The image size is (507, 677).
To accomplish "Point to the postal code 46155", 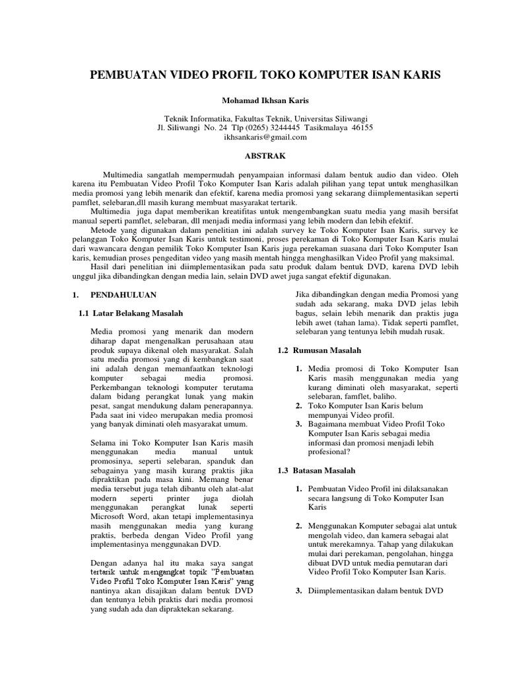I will (361, 128).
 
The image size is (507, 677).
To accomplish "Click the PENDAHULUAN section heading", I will (123, 294).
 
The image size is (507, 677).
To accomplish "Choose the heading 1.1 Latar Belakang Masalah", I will (131, 313).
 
